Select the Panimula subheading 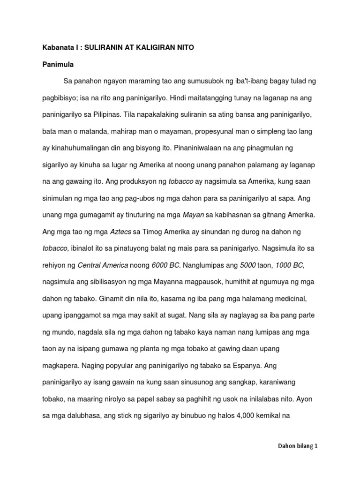[x=57, y=64]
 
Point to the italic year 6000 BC [x=166, y=265]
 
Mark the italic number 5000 [x=247, y=265]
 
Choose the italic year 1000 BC [x=290, y=265]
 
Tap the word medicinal [x=291, y=299]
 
